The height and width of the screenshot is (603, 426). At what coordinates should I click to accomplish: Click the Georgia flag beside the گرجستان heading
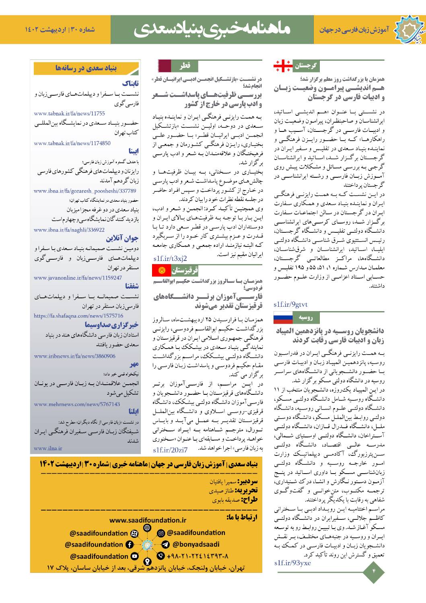pyautogui.click(x=283, y=66)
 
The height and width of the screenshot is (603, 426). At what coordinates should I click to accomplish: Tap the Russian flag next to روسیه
pyautogui.click(x=283, y=318)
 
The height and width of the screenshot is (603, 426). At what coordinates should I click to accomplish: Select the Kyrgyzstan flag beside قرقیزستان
pyautogui.click(x=162, y=270)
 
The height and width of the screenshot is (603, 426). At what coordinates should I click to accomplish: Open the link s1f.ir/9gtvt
pyautogui.click(x=290, y=304)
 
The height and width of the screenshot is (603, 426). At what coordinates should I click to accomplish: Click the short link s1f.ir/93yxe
pyautogui.click(x=292, y=563)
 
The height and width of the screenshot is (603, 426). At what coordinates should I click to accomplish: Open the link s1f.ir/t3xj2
pyautogui.click(x=170, y=258)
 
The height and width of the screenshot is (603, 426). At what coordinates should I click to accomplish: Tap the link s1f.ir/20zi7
pyautogui.click(x=171, y=449)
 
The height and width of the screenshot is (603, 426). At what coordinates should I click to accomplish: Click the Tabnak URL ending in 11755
pyautogui.click(x=69, y=114)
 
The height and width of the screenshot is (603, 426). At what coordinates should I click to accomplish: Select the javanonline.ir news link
pyautogui.click(x=78, y=278)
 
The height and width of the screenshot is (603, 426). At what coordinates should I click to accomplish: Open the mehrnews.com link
pyautogui.click(x=77, y=404)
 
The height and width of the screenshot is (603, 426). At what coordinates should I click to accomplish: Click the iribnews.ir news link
pyautogui.click(x=74, y=356)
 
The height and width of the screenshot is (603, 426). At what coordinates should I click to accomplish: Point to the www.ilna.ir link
pyautogui.click(x=48, y=448)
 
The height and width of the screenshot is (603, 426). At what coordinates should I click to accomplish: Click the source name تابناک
pyautogui.click(x=130, y=84)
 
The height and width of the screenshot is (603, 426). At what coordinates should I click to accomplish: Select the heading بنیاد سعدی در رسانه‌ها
pyautogui.click(x=86, y=68)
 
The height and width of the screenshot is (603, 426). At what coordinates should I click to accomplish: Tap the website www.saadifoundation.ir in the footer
pyautogui.click(x=148, y=520)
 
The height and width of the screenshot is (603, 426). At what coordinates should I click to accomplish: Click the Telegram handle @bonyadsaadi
pyautogui.click(x=196, y=545)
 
